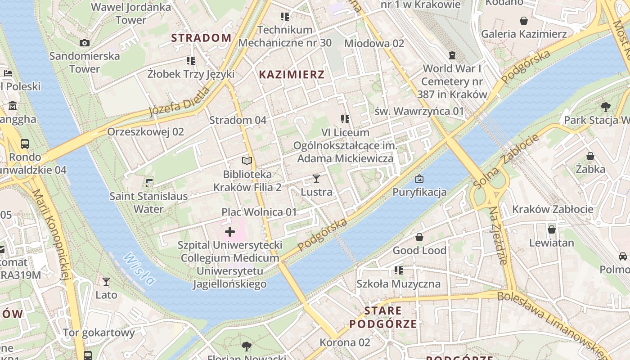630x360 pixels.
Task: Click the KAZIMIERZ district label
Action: [292, 75]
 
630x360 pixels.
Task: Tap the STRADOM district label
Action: [201, 38]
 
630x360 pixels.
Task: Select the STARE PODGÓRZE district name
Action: [383, 317]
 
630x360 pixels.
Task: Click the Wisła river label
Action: [139, 269]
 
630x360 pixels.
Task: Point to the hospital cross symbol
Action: [230, 232]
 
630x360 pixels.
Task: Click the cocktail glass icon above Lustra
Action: [316, 179]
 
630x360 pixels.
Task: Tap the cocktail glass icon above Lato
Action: [106, 282]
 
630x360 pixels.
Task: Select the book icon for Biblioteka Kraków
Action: [247, 161]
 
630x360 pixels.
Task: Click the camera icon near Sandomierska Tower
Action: [84, 43]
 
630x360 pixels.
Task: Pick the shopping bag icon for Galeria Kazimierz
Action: [524, 21]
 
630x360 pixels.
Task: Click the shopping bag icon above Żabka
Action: [590, 156]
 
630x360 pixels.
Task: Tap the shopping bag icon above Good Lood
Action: [419, 237]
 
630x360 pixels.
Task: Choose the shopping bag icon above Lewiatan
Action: [552, 229]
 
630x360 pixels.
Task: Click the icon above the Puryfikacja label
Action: [419, 179]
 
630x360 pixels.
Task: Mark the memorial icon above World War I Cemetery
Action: [452, 55]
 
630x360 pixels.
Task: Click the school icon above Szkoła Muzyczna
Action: [398, 270]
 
